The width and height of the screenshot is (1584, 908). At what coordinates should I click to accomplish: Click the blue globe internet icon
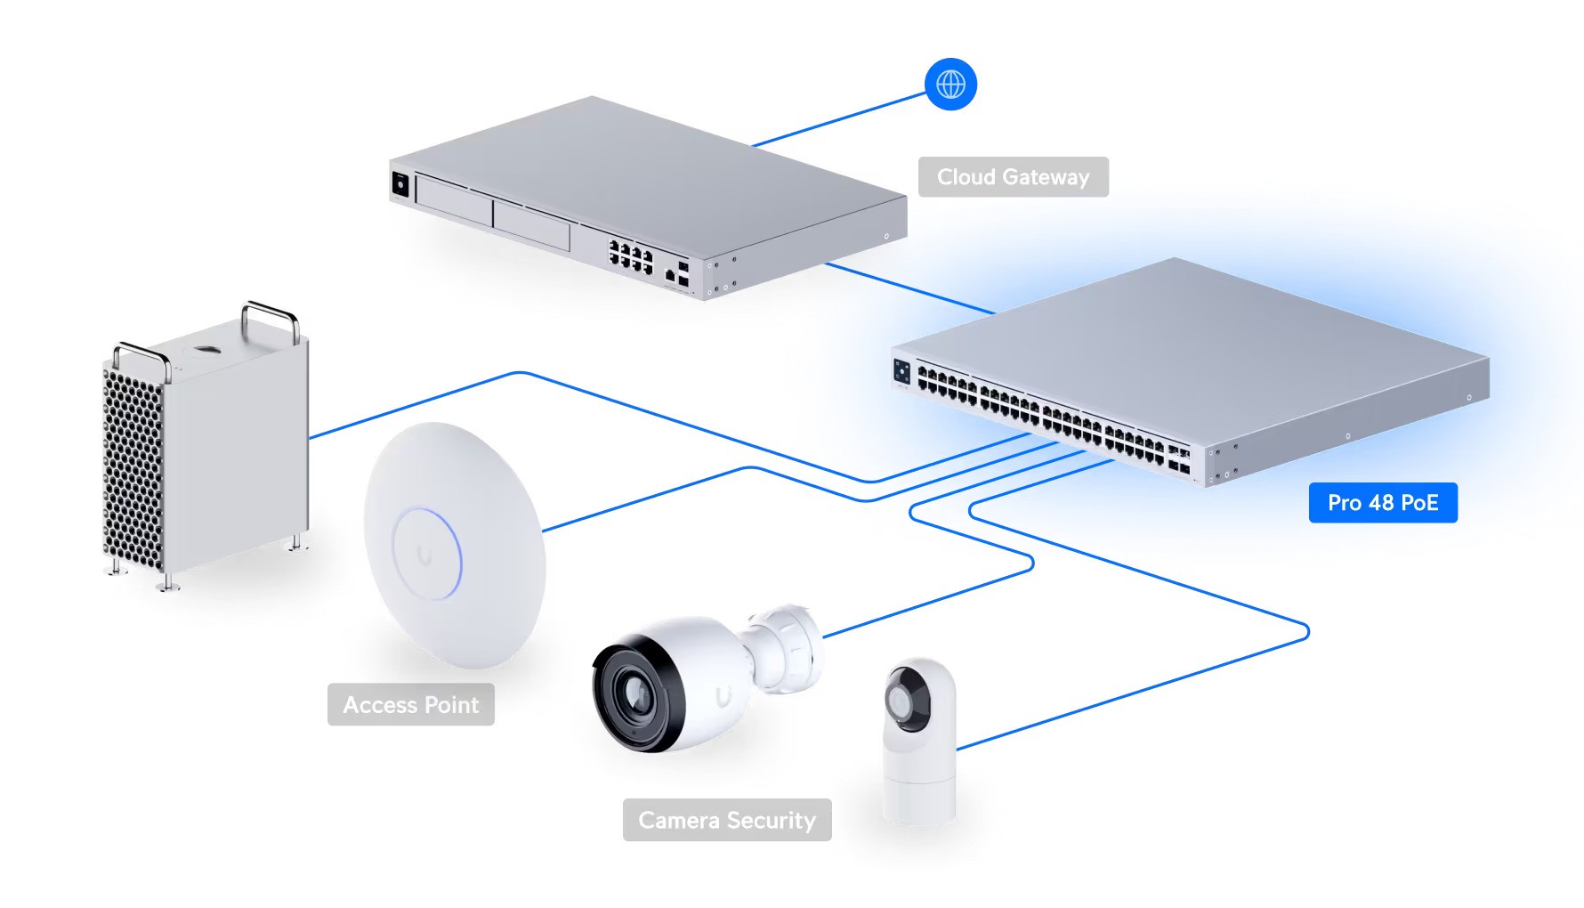click(950, 85)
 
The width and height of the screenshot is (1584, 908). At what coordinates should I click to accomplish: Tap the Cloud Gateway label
click(1013, 177)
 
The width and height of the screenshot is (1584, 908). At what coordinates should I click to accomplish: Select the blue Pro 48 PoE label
click(1382, 503)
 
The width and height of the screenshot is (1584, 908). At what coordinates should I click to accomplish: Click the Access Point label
click(410, 705)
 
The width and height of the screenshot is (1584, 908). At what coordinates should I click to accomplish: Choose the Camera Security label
click(726, 820)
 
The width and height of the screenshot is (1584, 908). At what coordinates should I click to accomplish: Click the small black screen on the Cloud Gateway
click(400, 183)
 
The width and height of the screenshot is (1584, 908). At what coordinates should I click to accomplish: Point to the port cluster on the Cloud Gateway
click(630, 255)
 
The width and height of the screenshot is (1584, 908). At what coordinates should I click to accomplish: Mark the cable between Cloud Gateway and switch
click(908, 288)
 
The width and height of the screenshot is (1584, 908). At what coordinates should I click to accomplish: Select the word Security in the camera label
click(771, 820)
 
